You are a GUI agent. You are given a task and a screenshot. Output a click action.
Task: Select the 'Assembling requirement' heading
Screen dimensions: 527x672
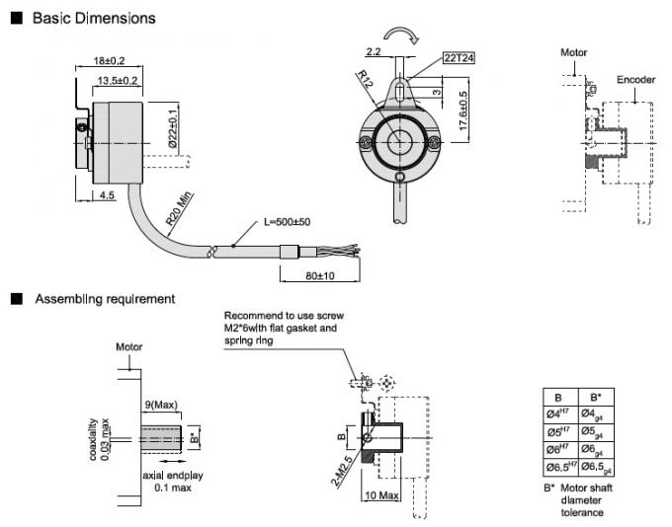click(105, 298)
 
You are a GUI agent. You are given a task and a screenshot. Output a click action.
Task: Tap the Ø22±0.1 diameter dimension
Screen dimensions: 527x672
click(174, 128)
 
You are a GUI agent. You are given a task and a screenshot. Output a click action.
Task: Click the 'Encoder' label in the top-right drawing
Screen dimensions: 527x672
click(635, 79)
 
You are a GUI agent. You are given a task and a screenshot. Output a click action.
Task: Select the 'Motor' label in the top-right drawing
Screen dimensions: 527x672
click(574, 51)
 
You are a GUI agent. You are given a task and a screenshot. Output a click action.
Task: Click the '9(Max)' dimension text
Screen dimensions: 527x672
click(159, 403)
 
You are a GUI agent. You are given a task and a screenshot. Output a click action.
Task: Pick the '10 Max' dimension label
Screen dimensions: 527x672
click(381, 493)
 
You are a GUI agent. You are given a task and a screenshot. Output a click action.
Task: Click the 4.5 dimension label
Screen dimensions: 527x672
click(108, 195)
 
